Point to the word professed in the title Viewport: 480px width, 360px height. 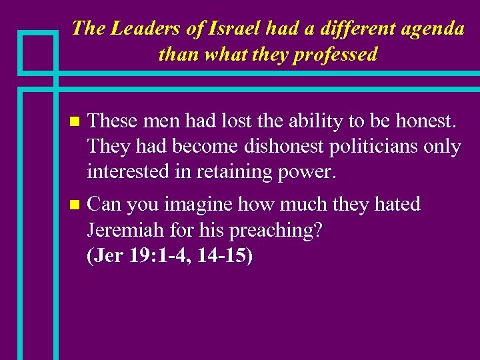coord(337,54)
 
